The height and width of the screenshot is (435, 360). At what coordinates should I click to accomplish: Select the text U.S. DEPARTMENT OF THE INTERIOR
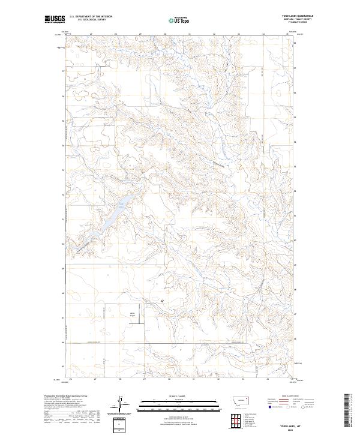[x=91, y=17]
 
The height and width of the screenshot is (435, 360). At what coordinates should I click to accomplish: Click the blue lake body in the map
[x=114, y=216]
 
